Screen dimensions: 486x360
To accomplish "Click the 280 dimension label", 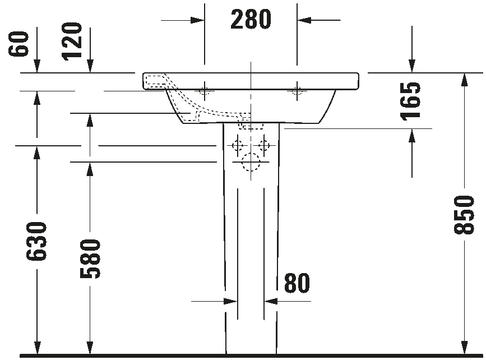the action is [x=251, y=19].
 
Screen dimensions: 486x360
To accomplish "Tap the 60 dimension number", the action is [x=18, y=44].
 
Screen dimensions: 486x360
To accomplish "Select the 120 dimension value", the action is [x=72, y=41].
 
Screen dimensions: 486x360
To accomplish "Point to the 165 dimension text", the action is [x=410, y=101].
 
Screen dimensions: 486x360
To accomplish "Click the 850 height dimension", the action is [x=464, y=215].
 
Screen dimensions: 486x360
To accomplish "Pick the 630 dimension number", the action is [x=36, y=241].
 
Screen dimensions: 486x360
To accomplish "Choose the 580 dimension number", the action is [x=90, y=259].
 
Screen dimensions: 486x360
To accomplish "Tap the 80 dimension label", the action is [x=297, y=283].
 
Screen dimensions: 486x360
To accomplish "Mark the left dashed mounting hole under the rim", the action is [x=204, y=91].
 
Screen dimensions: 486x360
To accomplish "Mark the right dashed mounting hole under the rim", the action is [x=297, y=91].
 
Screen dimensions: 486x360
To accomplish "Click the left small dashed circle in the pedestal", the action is [x=238, y=145].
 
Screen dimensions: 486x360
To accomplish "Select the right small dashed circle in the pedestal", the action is [x=264, y=145].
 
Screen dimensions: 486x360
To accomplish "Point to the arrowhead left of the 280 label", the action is [x=197, y=20].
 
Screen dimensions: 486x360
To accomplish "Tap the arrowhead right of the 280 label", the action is [x=304, y=20].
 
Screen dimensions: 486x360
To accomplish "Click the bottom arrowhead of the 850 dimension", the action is [x=464, y=347].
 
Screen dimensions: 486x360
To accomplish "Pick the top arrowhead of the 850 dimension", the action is [x=464, y=80].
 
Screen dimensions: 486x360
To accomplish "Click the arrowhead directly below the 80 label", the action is [x=271, y=301].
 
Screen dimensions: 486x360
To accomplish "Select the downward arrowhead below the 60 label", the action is [x=37, y=66].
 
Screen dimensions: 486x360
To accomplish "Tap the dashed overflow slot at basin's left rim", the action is [x=155, y=81].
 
